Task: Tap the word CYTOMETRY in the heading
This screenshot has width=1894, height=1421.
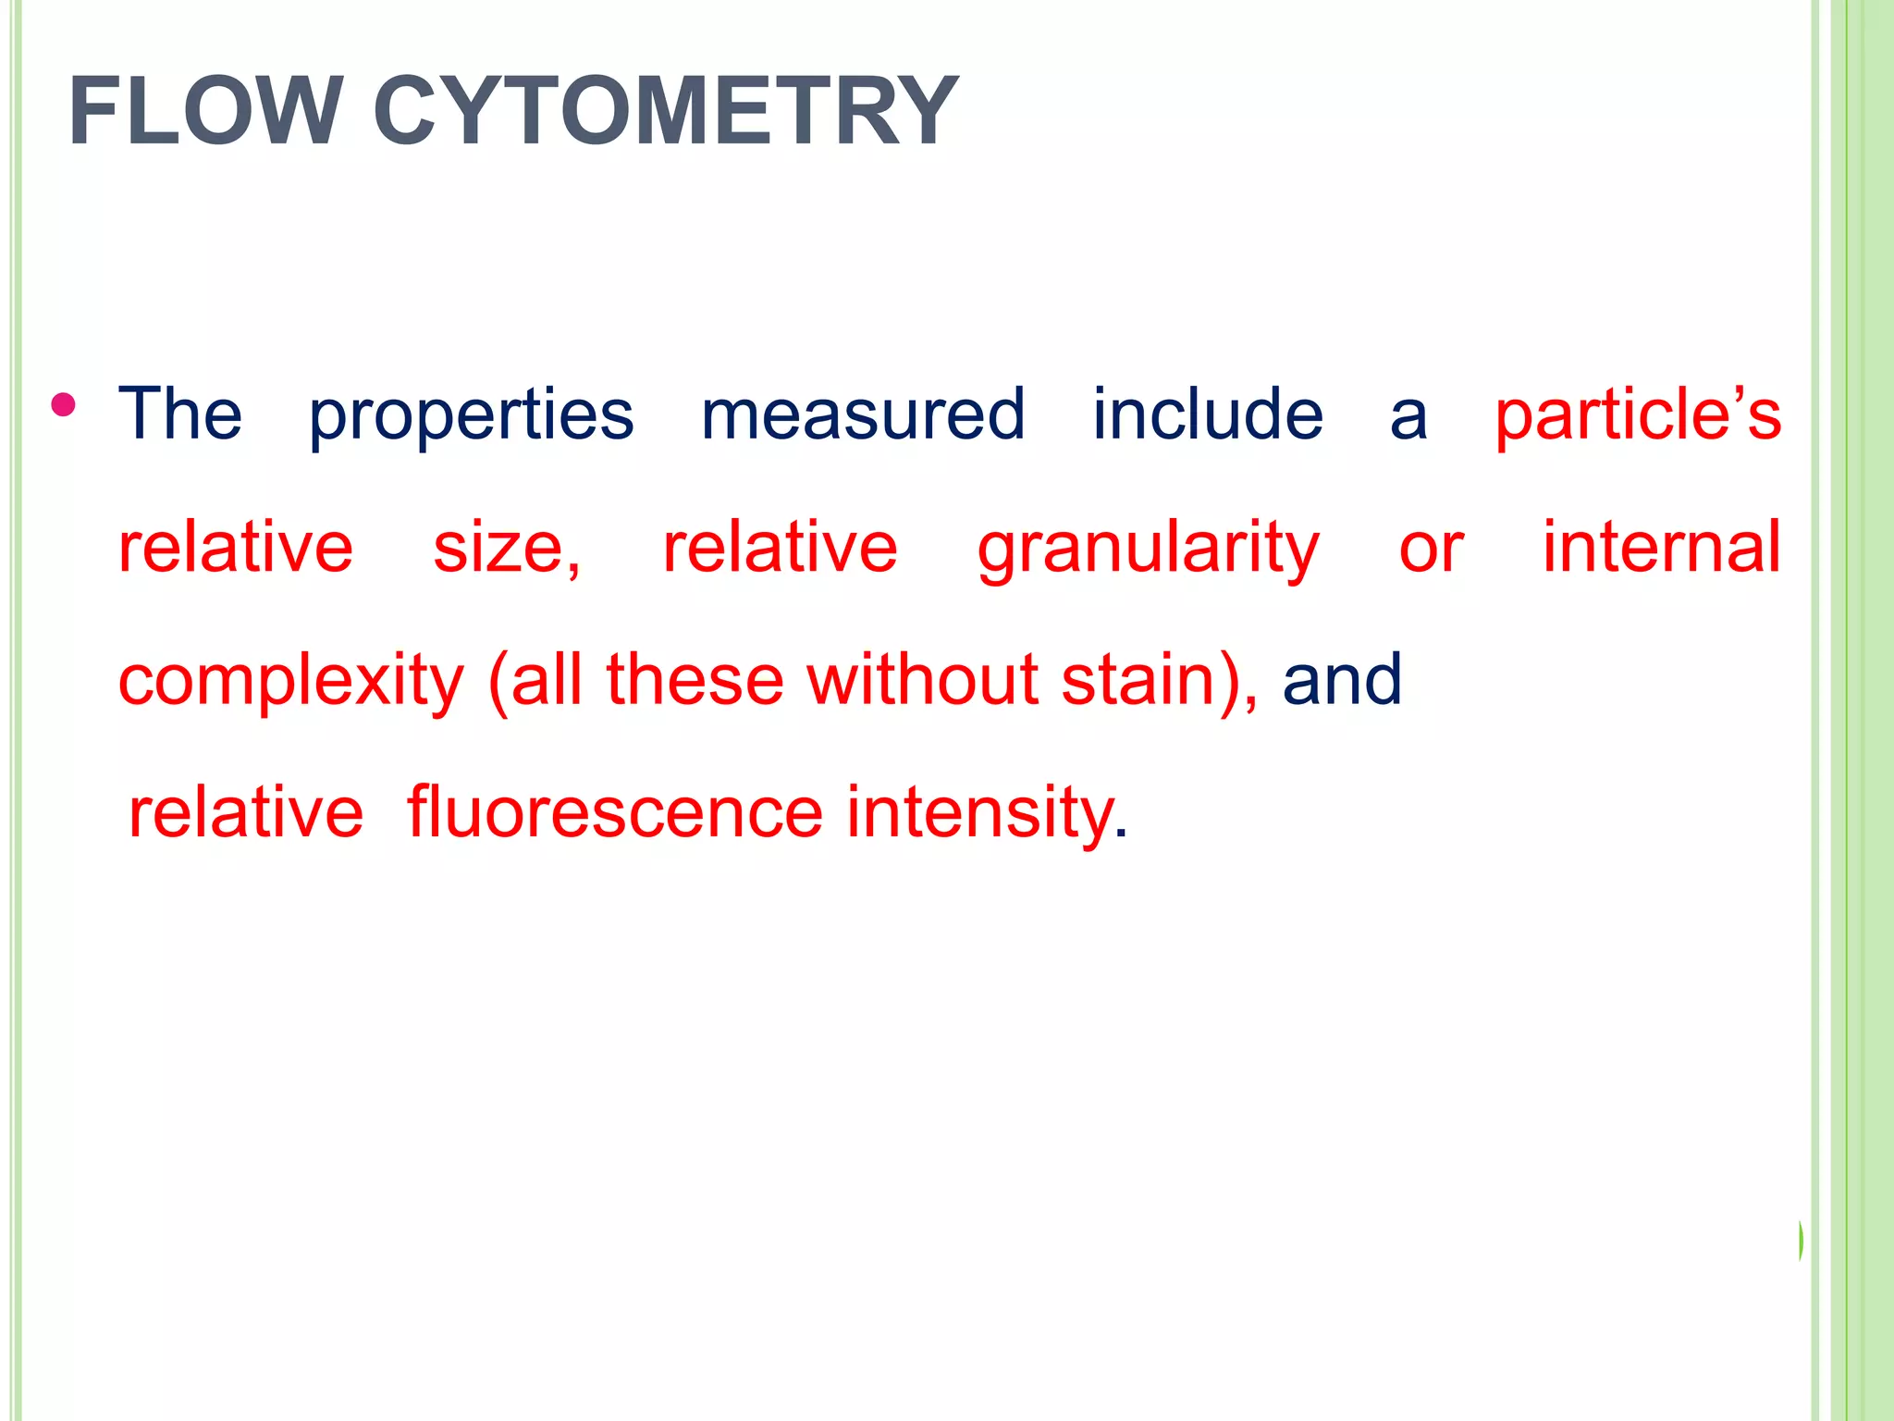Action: pos(666,112)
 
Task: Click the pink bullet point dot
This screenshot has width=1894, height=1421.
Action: pos(64,405)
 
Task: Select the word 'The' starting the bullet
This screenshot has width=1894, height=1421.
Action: pos(180,414)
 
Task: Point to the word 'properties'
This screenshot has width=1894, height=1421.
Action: pos(471,415)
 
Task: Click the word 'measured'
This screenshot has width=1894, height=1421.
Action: pos(863,414)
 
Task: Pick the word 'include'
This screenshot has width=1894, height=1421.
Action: pos(1208,414)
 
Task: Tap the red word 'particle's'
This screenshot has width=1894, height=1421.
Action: pos(1638,415)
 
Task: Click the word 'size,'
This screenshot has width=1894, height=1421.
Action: pos(507,548)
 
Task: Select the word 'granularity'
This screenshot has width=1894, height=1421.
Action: pos(1149,550)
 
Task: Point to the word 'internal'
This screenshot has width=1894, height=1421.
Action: pos(1662,547)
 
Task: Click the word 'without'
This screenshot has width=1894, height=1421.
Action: pos(922,679)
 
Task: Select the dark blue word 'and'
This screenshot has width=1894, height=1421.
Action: pos(1342,679)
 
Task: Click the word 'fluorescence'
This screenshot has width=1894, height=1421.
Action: pos(615,812)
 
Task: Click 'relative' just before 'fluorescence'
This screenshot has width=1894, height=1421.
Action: pos(246,812)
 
